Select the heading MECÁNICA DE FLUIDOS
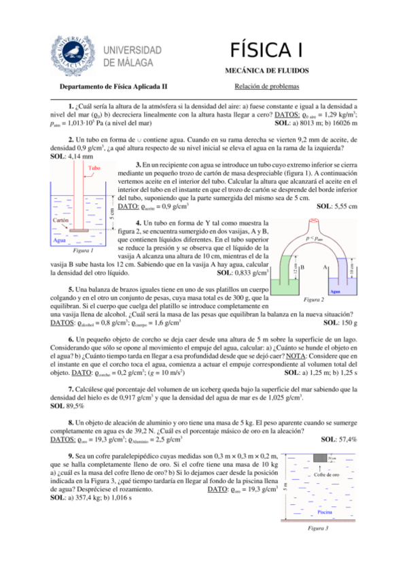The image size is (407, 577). tap(266, 70)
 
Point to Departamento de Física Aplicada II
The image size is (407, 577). tap(113, 87)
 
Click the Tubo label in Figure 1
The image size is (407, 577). tap(94, 167)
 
